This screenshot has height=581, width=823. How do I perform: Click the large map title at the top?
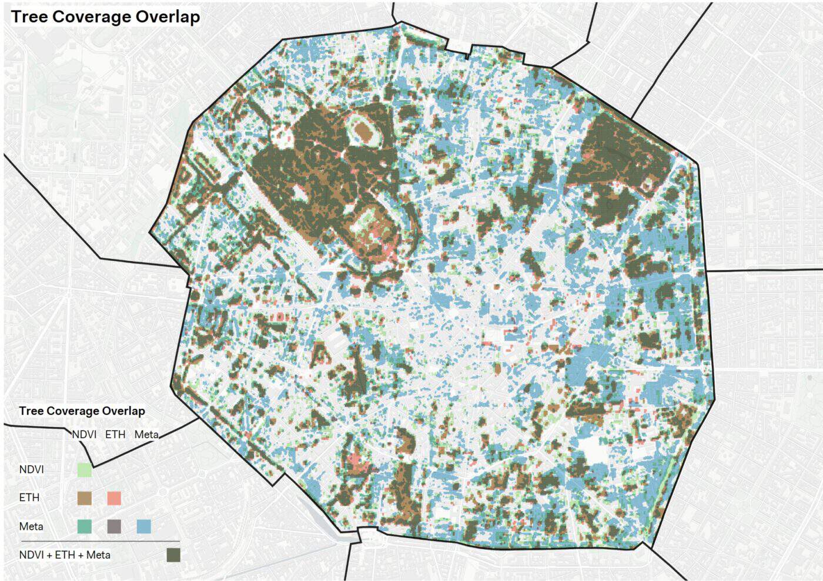click(106, 16)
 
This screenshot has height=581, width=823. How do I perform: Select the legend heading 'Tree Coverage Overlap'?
click(82, 411)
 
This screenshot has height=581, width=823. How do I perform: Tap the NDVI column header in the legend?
click(84, 434)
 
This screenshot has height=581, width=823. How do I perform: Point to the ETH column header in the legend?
click(115, 434)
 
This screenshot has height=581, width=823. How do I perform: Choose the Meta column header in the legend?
click(146, 434)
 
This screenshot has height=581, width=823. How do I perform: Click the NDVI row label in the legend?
click(31, 469)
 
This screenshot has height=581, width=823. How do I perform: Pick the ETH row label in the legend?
click(29, 497)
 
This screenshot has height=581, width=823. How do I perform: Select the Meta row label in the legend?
click(31, 526)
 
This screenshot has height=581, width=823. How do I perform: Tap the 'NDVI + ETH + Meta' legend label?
click(65, 555)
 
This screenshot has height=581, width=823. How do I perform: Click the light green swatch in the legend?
click(85, 470)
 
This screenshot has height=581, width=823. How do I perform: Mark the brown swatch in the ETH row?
click(85, 498)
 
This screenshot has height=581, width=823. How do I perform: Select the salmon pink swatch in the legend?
click(114, 498)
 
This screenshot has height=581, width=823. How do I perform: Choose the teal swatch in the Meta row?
click(85, 526)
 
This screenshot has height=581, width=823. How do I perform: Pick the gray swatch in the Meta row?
click(114, 526)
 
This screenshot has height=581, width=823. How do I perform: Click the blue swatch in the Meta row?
click(144, 526)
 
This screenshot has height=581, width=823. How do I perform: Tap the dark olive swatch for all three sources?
click(173, 555)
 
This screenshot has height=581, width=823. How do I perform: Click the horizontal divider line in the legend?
click(100, 541)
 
